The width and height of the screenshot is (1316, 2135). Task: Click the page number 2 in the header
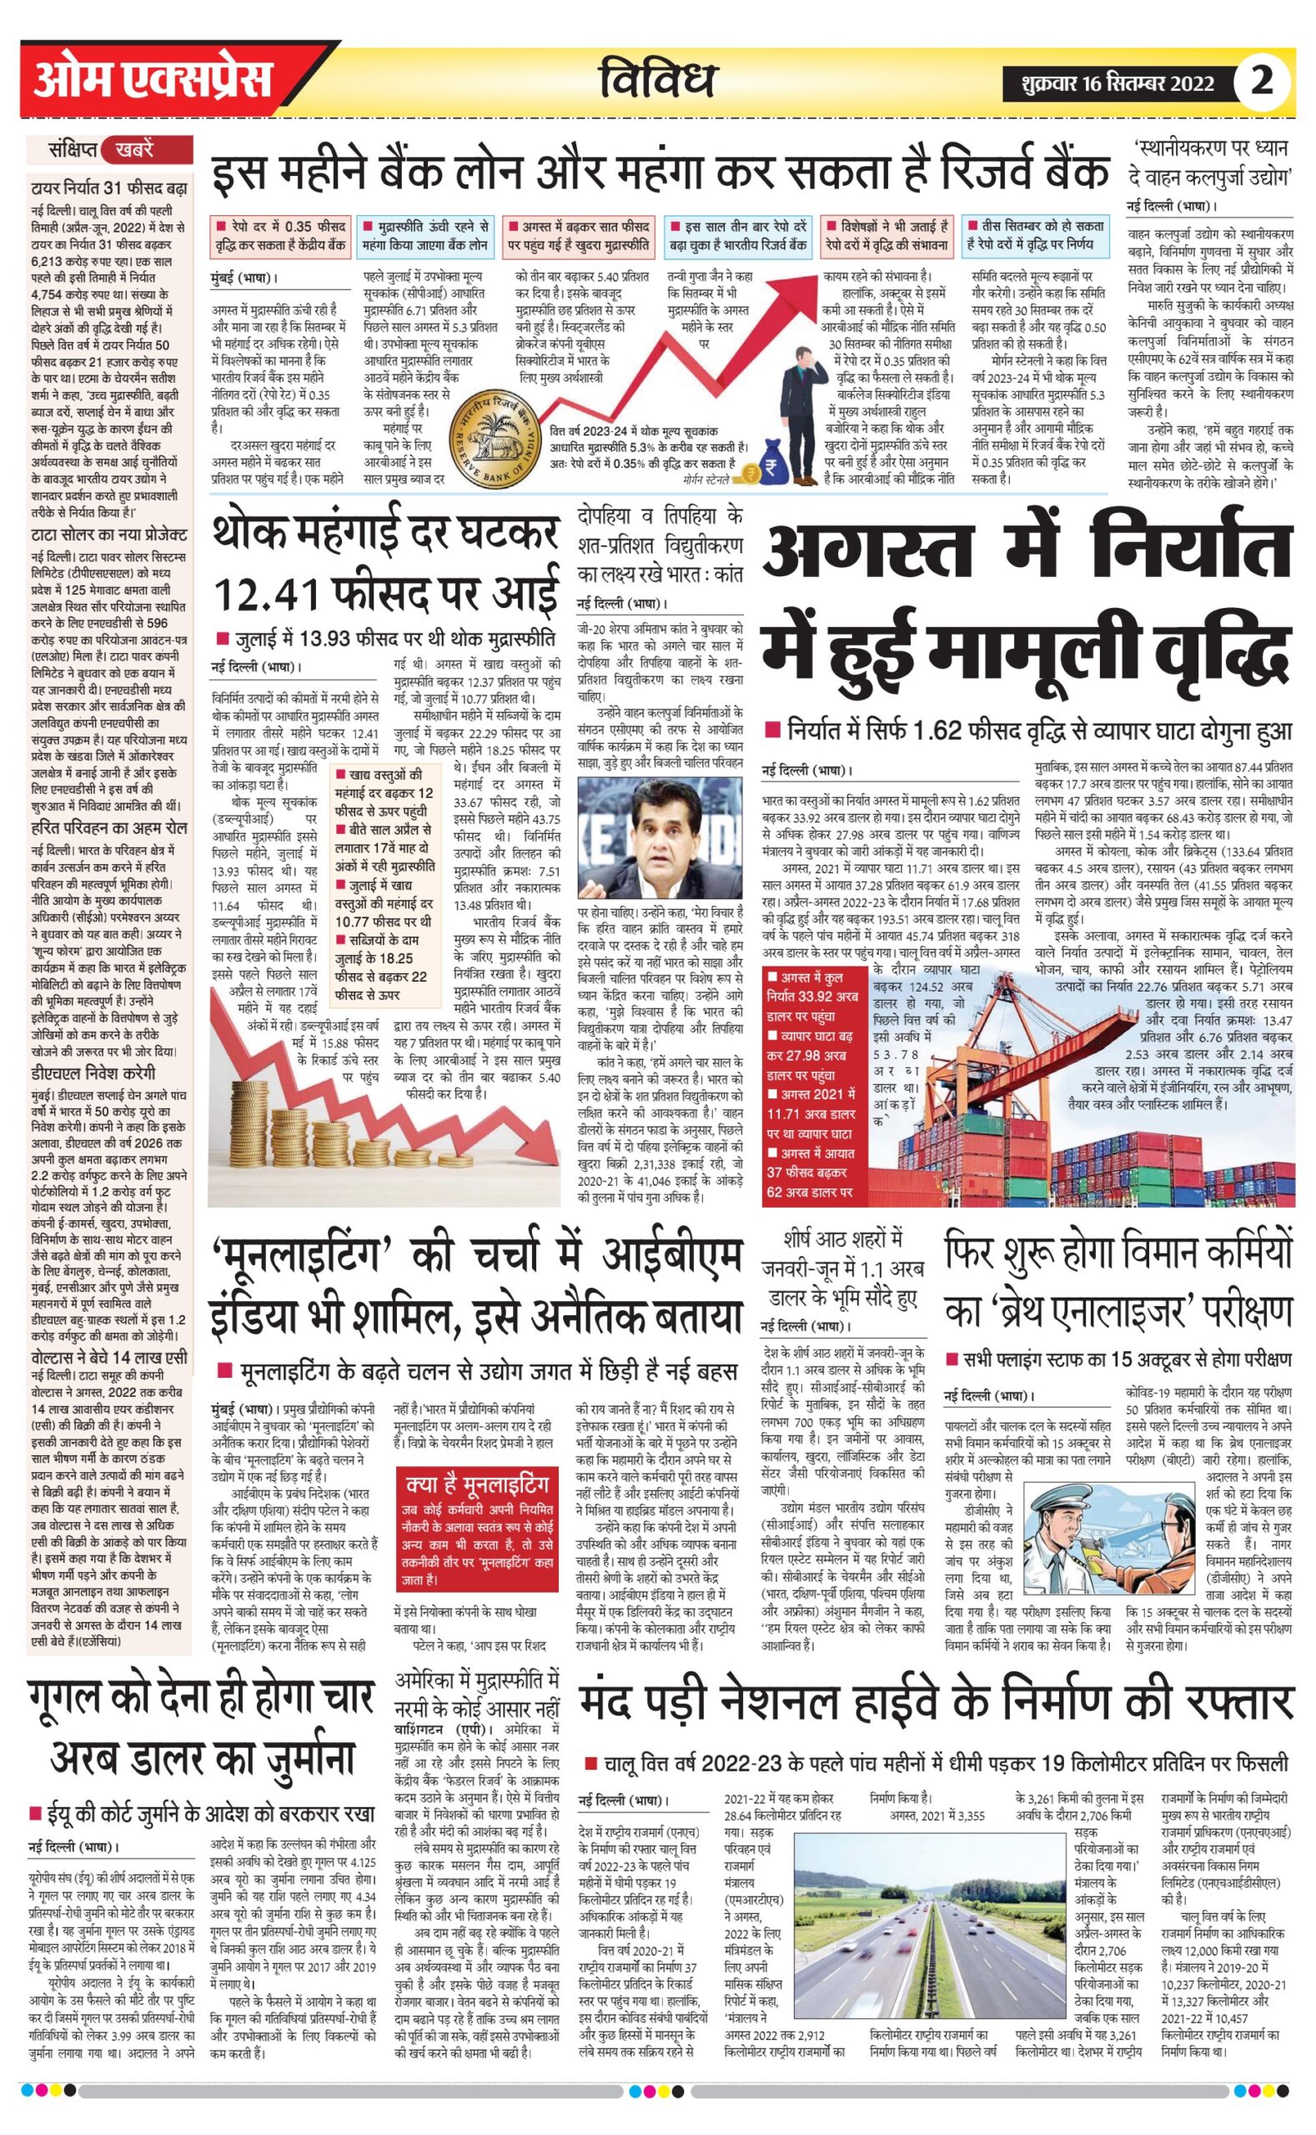coord(1261,81)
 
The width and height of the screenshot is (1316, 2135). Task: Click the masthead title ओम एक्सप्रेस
coord(153,81)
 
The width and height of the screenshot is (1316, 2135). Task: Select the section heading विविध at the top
coord(658,80)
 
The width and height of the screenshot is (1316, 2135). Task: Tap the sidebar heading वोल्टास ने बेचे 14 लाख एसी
coord(108,1358)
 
